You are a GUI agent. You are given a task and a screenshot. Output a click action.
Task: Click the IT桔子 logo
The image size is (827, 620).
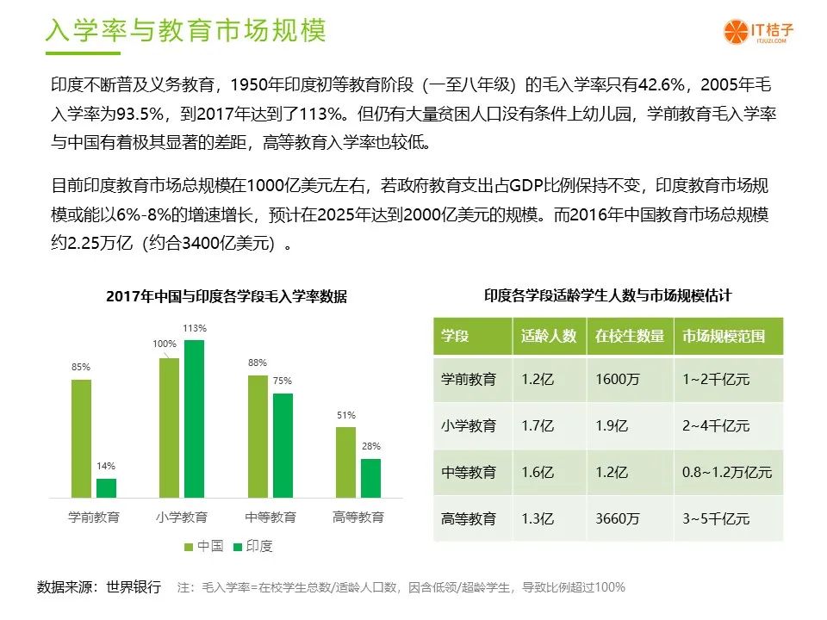click(x=758, y=32)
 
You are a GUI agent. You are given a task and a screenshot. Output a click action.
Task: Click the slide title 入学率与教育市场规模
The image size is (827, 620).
click(x=186, y=30)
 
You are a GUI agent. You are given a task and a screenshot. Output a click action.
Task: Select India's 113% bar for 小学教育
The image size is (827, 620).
click(x=194, y=418)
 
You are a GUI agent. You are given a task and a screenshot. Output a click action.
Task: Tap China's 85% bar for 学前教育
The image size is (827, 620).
click(x=81, y=438)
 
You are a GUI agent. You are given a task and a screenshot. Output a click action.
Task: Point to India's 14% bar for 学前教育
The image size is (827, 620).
click(x=106, y=488)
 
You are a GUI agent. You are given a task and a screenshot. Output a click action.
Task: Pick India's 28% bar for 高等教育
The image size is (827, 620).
click(x=370, y=478)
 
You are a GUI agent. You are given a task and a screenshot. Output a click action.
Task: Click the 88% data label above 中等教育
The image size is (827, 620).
click(x=258, y=363)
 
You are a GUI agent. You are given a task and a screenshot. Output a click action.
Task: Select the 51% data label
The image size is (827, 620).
click(x=346, y=415)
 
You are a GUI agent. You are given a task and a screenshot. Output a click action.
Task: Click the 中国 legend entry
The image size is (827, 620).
click(x=203, y=546)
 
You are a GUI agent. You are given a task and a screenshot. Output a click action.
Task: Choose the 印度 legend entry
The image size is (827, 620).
click(x=252, y=546)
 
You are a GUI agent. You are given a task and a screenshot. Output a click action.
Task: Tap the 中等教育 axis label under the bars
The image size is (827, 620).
click(x=270, y=517)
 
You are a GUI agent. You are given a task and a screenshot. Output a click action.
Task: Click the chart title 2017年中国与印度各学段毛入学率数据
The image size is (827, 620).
click(x=227, y=296)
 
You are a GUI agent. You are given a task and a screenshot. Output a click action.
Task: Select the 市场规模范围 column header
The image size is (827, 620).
click(x=723, y=336)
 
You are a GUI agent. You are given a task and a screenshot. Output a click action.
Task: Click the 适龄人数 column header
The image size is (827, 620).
click(x=549, y=336)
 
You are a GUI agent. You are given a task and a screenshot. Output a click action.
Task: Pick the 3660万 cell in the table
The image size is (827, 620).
click(x=617, y=518)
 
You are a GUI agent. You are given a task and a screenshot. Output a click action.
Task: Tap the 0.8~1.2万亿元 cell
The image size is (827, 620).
click(x=727, y=472)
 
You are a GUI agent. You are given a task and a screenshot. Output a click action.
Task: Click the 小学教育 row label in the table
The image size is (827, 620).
click(x=469, y=425)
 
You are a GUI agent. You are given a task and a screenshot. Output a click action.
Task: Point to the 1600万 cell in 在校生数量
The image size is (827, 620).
click(x=617, y=379)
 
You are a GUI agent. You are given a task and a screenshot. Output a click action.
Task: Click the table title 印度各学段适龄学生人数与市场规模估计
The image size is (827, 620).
click(x=607, y=295)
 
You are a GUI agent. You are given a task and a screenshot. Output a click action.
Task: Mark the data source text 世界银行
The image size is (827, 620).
click(x=134, y=586)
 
